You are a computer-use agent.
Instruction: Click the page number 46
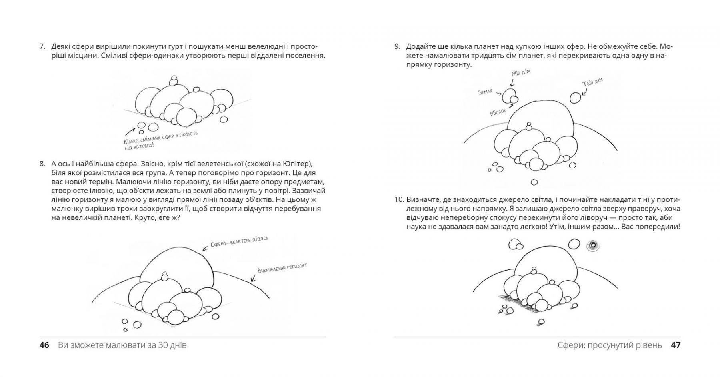(x=44, y=345)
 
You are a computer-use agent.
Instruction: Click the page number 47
(x=675, y=345)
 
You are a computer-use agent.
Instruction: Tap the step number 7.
(x=42, y=47)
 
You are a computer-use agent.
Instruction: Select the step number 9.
(x=397, y=47)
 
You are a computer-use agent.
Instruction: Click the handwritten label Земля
(x=486, y=92)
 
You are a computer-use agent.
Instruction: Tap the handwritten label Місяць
(x=498, y=112)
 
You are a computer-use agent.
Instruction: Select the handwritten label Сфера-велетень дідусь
(x=239, y=241)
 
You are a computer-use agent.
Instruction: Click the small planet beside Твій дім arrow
(x=575, y=98)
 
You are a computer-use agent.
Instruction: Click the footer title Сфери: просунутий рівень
(x=610, y=345)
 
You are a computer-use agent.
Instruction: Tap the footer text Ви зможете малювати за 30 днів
(x=122, y=345)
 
